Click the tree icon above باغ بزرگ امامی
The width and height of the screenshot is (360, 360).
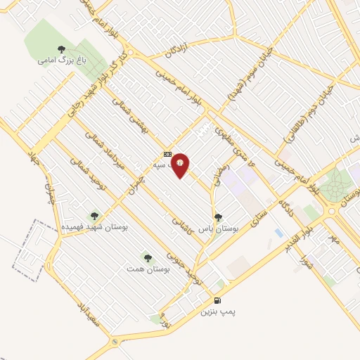click(x=61, y=49)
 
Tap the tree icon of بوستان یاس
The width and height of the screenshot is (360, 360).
click(x=218, y=217)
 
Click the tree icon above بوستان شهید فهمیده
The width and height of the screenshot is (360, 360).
click(x=94, y=216)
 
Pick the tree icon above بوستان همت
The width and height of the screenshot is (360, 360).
click(x=147, y=258)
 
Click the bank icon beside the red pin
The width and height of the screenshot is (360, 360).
click(x=167, y=153)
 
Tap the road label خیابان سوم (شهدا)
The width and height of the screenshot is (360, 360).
click(x=251, y=79)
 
